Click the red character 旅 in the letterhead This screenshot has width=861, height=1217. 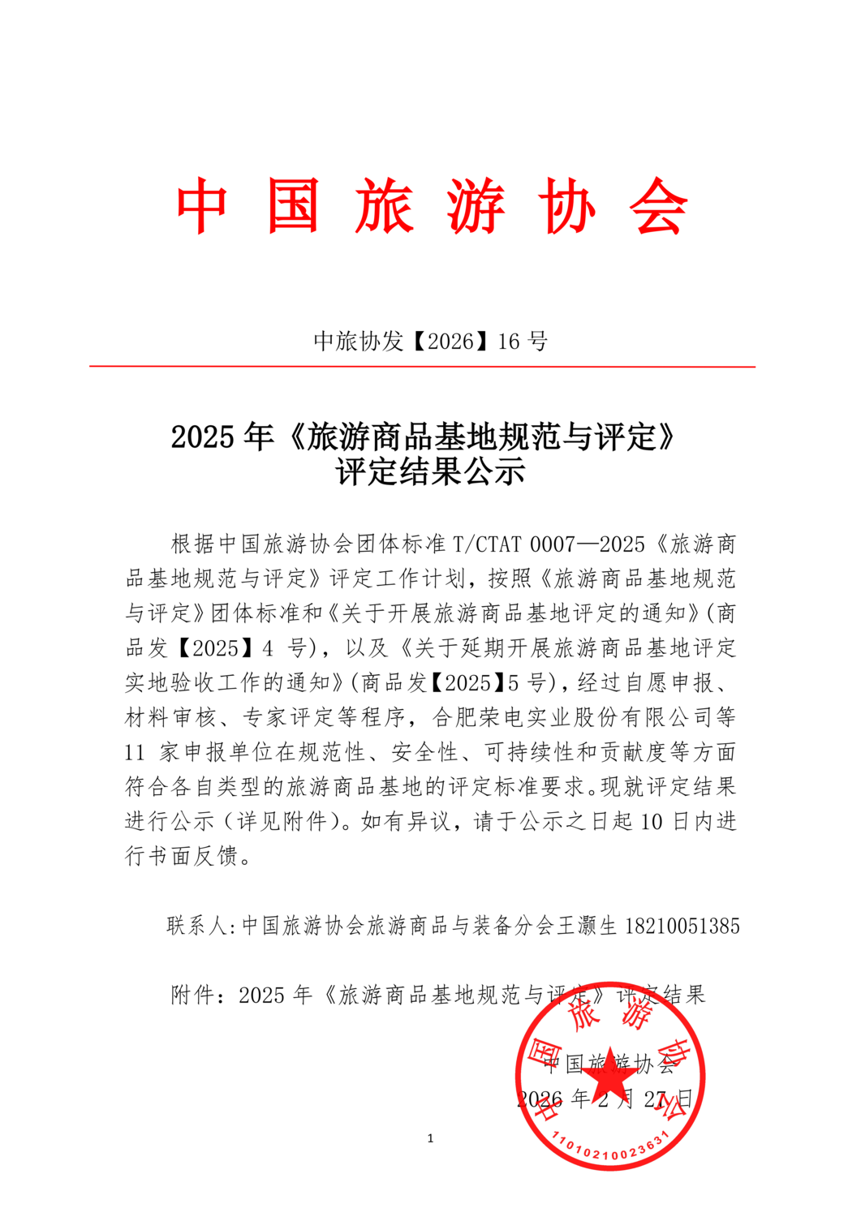385,207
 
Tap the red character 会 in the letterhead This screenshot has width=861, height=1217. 659,207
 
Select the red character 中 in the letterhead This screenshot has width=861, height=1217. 202,207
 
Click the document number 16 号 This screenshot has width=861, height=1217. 523,342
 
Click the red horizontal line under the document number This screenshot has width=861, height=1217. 422,367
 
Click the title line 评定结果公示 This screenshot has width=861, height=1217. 430,472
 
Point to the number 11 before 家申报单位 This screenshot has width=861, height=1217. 135,752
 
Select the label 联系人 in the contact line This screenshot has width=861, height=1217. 197,926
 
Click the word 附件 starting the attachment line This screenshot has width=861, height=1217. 192,996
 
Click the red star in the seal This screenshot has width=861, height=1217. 610,1076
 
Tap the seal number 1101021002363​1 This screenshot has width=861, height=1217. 610,1146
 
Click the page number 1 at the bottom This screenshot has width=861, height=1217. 430,1138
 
